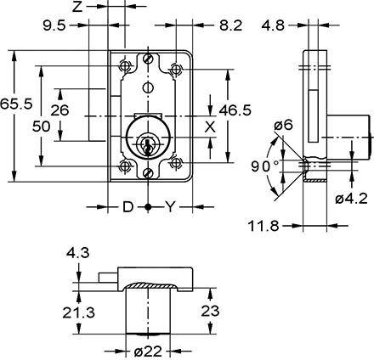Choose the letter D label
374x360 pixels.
[x=127, y=206]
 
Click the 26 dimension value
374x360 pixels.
[x=60, y=110]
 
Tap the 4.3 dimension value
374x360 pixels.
[x=76, y=253]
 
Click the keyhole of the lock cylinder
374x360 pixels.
[x=149, y=146]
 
